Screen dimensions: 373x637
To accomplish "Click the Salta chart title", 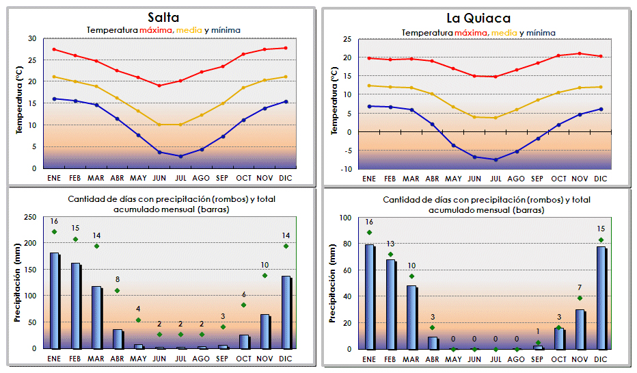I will [163, 18].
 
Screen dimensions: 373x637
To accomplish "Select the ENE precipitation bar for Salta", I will [54, 300].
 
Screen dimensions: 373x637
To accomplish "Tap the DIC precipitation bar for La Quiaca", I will [600, 298].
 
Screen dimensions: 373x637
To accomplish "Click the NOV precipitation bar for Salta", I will [265, 331].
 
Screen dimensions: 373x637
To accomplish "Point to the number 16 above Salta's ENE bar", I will [54, 221].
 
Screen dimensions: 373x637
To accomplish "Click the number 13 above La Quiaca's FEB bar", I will [390, 244].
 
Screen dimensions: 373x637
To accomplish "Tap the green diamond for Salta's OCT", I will [243, 305].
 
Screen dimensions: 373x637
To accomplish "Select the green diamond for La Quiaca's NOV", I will [580, 298].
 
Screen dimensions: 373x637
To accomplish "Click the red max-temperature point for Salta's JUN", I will [159, 86].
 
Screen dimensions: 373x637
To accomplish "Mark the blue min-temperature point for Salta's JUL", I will [180, 156].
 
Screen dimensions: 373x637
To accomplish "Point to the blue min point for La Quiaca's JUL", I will [496, 159].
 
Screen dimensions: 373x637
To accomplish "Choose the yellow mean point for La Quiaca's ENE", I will [369, 86].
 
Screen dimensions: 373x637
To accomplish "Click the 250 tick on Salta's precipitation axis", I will [31, 217].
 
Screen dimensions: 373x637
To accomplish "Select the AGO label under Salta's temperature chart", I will [201, 178].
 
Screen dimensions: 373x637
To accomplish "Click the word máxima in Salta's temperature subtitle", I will [157, 30].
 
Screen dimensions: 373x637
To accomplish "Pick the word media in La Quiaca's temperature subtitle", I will [504, 32].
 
